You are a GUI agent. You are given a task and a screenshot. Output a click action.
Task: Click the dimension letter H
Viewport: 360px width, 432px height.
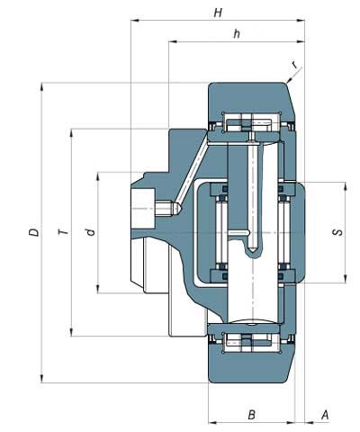tap(218, 13)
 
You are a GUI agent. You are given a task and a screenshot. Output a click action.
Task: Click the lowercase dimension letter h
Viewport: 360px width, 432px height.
tap(237, 33)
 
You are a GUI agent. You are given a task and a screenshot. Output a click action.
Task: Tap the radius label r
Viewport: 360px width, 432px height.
tap(295, 64)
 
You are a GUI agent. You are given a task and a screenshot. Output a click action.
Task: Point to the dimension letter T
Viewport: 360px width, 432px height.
tap(63, 232)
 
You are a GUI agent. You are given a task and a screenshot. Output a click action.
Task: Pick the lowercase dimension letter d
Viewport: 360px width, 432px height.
tap(90, 231)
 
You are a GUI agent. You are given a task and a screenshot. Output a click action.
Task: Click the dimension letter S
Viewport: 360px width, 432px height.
tap(338, 232)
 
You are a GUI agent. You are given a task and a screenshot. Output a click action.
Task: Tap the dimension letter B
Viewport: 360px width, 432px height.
tap(251, 415)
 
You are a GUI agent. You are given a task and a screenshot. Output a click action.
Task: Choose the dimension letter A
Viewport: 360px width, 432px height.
tap(325, 415)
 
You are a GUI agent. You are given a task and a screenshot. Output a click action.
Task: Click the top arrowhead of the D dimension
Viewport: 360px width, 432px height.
tap(41, 87)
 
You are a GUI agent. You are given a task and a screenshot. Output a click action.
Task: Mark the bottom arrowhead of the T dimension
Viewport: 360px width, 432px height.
tap(71, 331)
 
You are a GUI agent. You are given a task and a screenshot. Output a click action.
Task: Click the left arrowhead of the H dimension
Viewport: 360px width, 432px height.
tap(135, 21)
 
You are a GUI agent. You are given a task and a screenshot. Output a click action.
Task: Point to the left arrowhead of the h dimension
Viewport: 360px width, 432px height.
tap(173, 41)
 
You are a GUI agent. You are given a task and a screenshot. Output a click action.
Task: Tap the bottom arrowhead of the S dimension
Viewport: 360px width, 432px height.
tap(346, 278)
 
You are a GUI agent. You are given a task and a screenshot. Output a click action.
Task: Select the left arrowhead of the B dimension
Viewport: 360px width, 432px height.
tap(212, 423)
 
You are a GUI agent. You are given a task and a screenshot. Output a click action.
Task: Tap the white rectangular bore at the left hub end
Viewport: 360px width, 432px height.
tap(143, 209)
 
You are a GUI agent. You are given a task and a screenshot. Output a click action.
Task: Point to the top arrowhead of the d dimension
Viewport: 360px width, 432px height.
tap(98, 176)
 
